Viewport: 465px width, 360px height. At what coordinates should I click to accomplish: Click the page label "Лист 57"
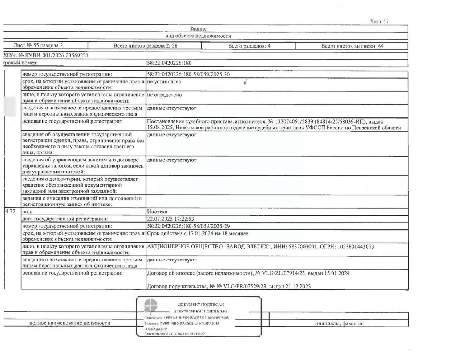pyautogui.click(x=379, y=21)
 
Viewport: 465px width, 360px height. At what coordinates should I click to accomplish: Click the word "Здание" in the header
pyautogui.click(x=198, y=29)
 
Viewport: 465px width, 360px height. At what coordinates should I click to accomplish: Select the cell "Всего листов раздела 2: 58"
pyautogui.click(x=145, y=46)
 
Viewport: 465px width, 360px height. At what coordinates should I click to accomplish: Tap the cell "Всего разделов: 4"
pyautogui.click(x=249, y=46)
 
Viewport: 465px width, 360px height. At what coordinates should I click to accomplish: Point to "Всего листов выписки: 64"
pyautogui.click(x=352, y=46)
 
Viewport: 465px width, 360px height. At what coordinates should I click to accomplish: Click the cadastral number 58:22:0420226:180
pyautogui.click(x=169, y=63)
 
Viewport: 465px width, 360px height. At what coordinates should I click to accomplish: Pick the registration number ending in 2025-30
pyautogui.click(x=188, y=75)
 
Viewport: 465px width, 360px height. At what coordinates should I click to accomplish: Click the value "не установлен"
pyautogui.click(x=164, y=82)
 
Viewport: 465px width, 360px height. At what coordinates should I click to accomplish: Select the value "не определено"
pyautogui.click(x=165, y=95)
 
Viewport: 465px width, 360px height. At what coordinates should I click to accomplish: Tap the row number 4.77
pyautogui.click(x=10, y=212)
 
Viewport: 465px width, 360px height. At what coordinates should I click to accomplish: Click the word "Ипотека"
pyautogui.click(x=157, y=212)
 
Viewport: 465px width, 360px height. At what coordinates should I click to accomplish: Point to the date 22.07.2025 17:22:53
pyautogui.click(x=171, y=219)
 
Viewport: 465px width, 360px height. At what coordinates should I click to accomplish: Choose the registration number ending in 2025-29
pyautogui.click(x=188, y=226)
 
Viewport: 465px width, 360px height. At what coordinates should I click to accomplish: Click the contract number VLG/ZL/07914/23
pyautogui.click(x=282, y=273)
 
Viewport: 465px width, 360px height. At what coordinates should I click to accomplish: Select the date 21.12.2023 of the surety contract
pyautogui.click(x=299, y=287)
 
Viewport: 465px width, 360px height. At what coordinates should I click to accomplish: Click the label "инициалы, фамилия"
pyautogui.click(x=339, y=323)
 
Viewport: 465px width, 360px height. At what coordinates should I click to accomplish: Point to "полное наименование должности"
pyautogui.click(x=70, y=323)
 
